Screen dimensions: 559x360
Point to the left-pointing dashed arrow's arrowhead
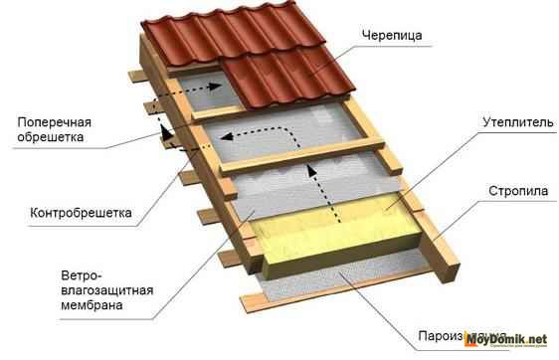click(x=228, y=136)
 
